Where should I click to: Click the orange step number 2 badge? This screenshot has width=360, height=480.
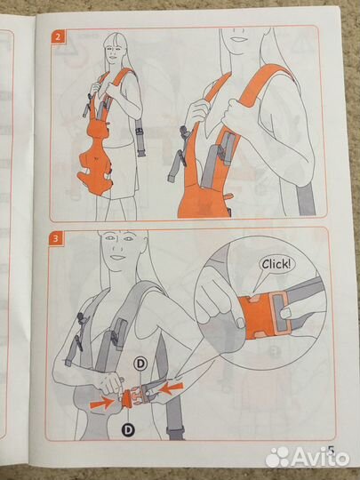pyautogui.click(x=58, y=37)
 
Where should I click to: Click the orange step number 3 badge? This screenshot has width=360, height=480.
pyautogui.click(x=56, y=238)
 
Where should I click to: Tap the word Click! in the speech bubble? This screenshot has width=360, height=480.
pyautogui.click(x=276, y=264)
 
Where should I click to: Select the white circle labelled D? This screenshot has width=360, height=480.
pyautogui.click(x=140, y=364)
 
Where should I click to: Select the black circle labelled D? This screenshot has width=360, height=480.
pyautogui.click(x=129, y=430)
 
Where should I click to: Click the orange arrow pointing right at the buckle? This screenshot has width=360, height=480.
pyautogui.click(x=101, y=403)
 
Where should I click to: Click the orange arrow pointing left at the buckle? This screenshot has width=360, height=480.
pyautogui.click(x=172, y=388)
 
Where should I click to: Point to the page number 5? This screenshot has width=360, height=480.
pyautogui.click(x=332, y=451)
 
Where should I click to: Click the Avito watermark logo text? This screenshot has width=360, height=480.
pyautogui.click(x=321, y=458)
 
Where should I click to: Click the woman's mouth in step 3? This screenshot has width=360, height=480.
pyautogui.click(x=118, y=257)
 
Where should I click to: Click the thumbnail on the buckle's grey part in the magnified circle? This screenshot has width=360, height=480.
pyautogui.click(x=285, y=313)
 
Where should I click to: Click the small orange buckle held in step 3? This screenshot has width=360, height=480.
pyautogui.click(x=126, y=399)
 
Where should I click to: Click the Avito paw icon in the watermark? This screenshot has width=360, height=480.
pyautogui.click(x=277, y=457)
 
